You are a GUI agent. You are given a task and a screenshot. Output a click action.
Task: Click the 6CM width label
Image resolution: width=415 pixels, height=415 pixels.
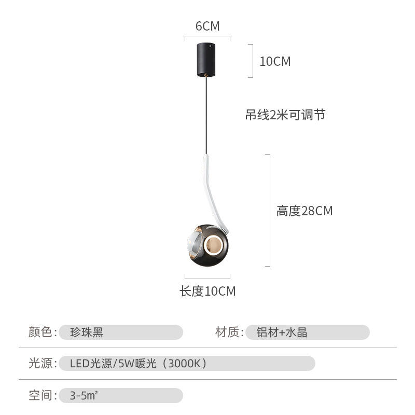click(208, 26)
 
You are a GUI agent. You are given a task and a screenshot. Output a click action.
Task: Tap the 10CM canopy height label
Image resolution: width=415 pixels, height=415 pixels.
click(275, 61)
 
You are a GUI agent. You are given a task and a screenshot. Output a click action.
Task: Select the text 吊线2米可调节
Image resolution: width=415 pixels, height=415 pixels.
click(285, 115)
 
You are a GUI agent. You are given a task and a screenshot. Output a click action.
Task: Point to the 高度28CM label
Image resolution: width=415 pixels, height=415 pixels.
click(304, 211)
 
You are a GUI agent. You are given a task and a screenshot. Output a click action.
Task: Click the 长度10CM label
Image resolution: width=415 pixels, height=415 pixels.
click(208, 292)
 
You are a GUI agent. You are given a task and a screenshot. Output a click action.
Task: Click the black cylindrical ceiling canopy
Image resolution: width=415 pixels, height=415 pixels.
click(208, 59)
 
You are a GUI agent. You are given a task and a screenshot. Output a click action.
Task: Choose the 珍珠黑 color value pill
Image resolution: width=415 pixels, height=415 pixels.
click(120, 332)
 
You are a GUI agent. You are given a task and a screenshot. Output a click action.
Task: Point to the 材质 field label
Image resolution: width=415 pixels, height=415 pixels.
click(229, 332)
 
